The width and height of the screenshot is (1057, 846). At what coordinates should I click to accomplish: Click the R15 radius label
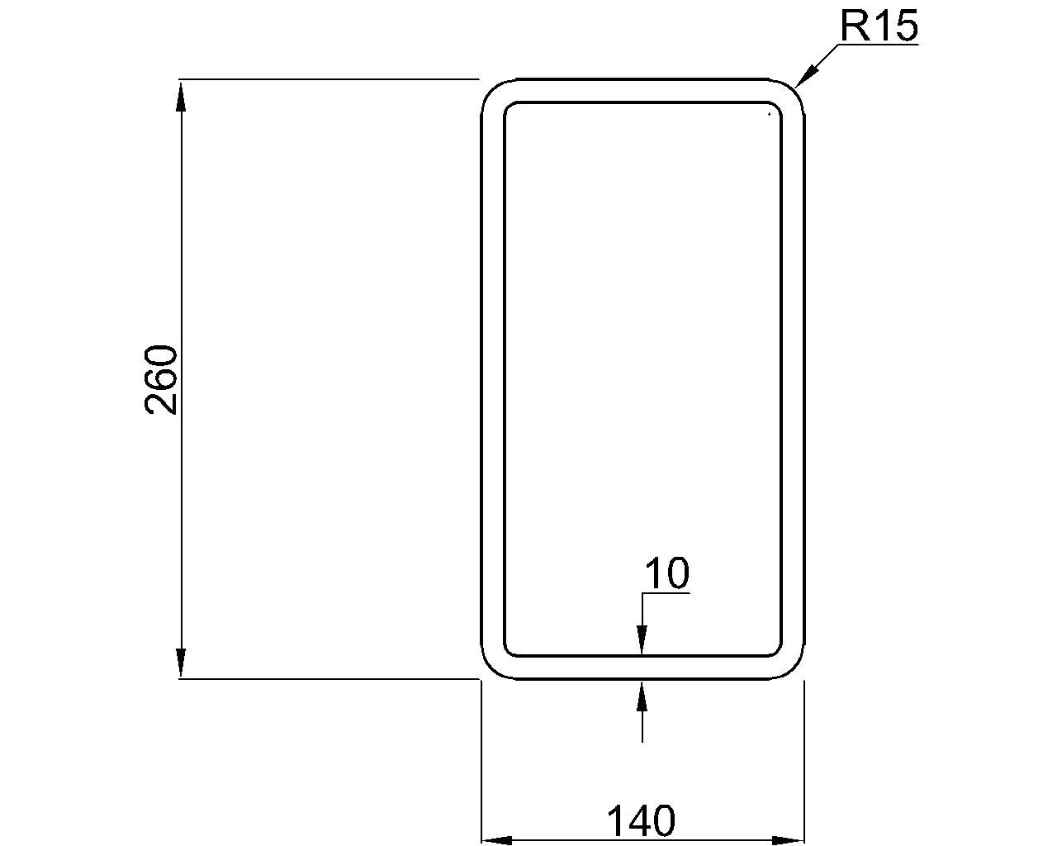879,27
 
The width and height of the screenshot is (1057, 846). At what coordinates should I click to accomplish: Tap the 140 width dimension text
641,821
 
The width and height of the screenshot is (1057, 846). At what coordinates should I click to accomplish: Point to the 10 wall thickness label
666,573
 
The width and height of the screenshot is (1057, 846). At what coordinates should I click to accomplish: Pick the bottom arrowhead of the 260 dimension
181,663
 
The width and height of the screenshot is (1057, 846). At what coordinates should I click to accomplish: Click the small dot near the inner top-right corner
770,113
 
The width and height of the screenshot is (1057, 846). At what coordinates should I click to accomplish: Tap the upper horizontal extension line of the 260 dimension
330,79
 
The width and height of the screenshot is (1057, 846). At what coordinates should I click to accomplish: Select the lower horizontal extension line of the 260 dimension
330,678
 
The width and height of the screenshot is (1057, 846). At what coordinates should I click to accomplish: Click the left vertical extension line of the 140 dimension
481,760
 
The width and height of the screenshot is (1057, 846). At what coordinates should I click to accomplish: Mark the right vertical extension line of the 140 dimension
804,760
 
